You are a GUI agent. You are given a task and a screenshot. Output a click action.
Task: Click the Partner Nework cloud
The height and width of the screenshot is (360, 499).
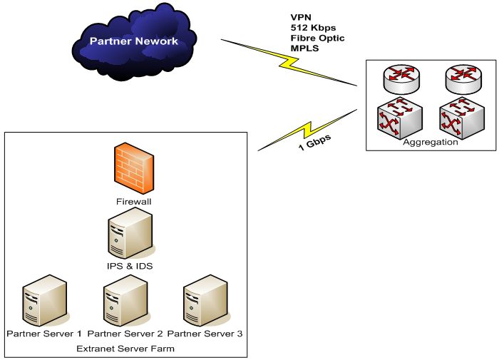[x=133, y=42]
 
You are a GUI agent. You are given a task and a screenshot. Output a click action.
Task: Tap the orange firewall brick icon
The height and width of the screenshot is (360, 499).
[x=133, y=168]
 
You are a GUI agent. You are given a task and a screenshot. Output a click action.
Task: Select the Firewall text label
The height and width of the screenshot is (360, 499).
[x=133, y=202]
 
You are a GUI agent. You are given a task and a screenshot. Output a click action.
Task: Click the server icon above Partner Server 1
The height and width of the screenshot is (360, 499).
[x=44, y=302]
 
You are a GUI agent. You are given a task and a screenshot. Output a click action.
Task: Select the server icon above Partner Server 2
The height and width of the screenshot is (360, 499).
[x=125, y=302]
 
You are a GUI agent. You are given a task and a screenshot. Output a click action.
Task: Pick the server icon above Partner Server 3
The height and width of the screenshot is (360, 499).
[x=205, y=302]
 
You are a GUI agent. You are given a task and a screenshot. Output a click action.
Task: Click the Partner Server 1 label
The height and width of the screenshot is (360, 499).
[x=44, y=334]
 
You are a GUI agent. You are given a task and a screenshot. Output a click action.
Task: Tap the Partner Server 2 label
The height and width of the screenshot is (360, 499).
[x=125, y=334]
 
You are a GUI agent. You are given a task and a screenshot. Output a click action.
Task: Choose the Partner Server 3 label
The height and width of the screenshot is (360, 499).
[x=205, y=334]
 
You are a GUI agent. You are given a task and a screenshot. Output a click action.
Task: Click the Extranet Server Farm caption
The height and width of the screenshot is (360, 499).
[x=125, y=349]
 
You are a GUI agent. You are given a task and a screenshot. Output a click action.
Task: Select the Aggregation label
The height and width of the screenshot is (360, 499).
[x=431, y=142]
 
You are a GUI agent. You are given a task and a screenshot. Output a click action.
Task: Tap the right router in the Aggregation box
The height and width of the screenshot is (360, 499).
[x=463, y=78]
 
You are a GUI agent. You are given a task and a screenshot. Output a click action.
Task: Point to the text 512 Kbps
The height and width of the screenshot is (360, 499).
[x=313, y=27]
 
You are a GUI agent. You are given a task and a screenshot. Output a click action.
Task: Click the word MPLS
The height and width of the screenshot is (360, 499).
[x=304, y=48]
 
